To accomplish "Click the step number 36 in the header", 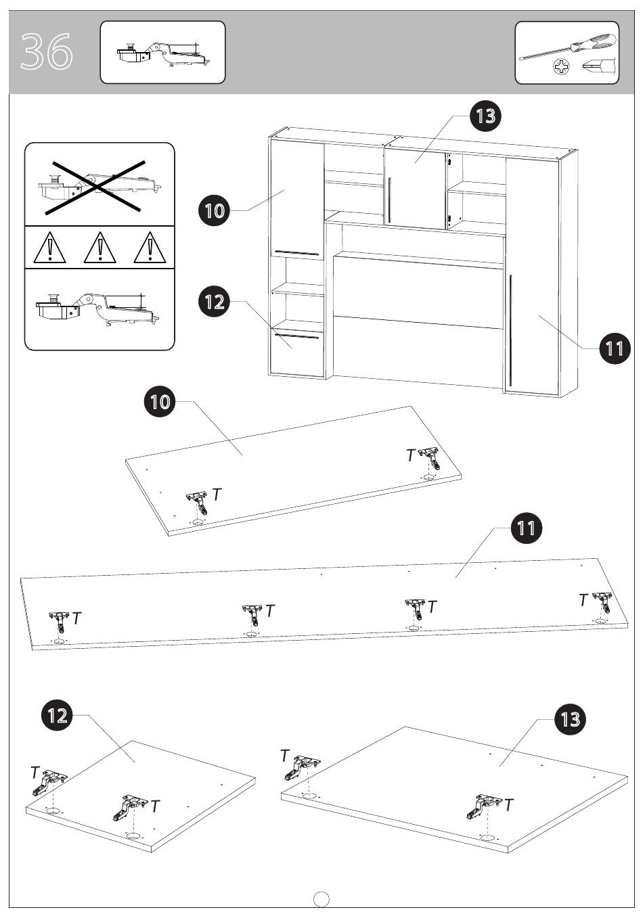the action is click(47, 51).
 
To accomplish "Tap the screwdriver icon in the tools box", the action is click(568, 47).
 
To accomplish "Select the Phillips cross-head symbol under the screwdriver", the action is click(559, 67).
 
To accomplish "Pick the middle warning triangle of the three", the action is click(99, 248).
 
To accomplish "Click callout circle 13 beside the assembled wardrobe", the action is click(485, 116).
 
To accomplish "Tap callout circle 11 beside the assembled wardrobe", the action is click(615, 348).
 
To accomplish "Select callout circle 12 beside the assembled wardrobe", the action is click(214, 302).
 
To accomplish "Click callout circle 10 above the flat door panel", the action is click(160, 402).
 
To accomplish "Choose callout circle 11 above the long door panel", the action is click(526, 528).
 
